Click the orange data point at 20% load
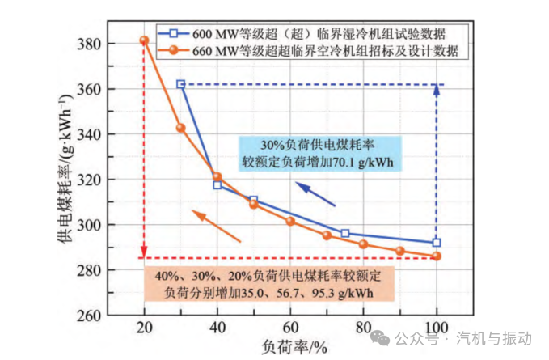[144, 40]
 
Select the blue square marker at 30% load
[180, 84]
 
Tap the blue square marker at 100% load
[437, 243]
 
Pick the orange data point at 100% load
[437, 256]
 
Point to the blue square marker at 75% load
[345, 234]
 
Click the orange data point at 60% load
[290, 221]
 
